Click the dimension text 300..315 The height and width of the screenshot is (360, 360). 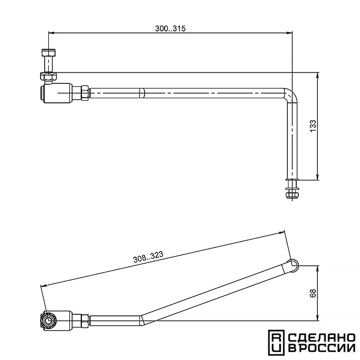170,28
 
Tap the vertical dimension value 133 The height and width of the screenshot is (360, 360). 313,126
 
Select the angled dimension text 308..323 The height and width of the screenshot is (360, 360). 148,257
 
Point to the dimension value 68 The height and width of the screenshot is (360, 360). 313,293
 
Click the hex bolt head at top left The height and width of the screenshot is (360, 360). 48,53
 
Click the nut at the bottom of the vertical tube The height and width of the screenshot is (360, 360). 292,195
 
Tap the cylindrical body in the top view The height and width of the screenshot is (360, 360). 59,93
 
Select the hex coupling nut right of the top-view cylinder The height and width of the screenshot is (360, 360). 85,93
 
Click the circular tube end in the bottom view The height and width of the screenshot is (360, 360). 293,265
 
